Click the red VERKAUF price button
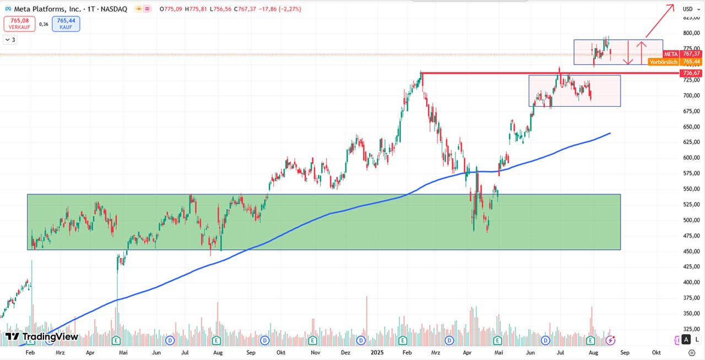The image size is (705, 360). point(20,24)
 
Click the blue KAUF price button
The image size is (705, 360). point(66,24)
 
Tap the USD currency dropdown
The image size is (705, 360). point(689,9)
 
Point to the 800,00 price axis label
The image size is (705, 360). point(691,33)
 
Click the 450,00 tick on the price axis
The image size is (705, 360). point(691,252)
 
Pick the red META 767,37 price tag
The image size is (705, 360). point(682,54)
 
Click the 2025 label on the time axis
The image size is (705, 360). point(377,352)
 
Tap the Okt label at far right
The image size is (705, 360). point(656,352)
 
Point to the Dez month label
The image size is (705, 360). point(346,352)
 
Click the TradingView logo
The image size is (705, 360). point(42,337)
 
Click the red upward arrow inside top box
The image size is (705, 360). point(641,52)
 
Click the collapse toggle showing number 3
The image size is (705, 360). point(10,40)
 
